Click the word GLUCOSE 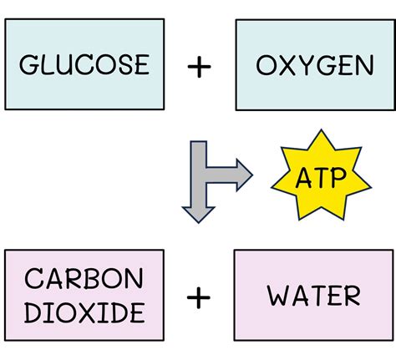[84, 64]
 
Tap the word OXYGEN [315, 65]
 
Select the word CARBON [84, 278]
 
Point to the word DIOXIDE [84, 312]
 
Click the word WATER [314, 296]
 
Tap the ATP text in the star [321, 178]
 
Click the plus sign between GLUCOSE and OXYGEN [199, 67]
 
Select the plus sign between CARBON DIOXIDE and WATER [199, 297]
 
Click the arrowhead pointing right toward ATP [245, 175]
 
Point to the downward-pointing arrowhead [198, 215]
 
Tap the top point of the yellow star [322, 129]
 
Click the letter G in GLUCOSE [28, 64]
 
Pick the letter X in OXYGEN [287, 65]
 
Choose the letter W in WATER [279, 296]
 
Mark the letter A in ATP [304, 178]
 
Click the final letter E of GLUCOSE [142, 64]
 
